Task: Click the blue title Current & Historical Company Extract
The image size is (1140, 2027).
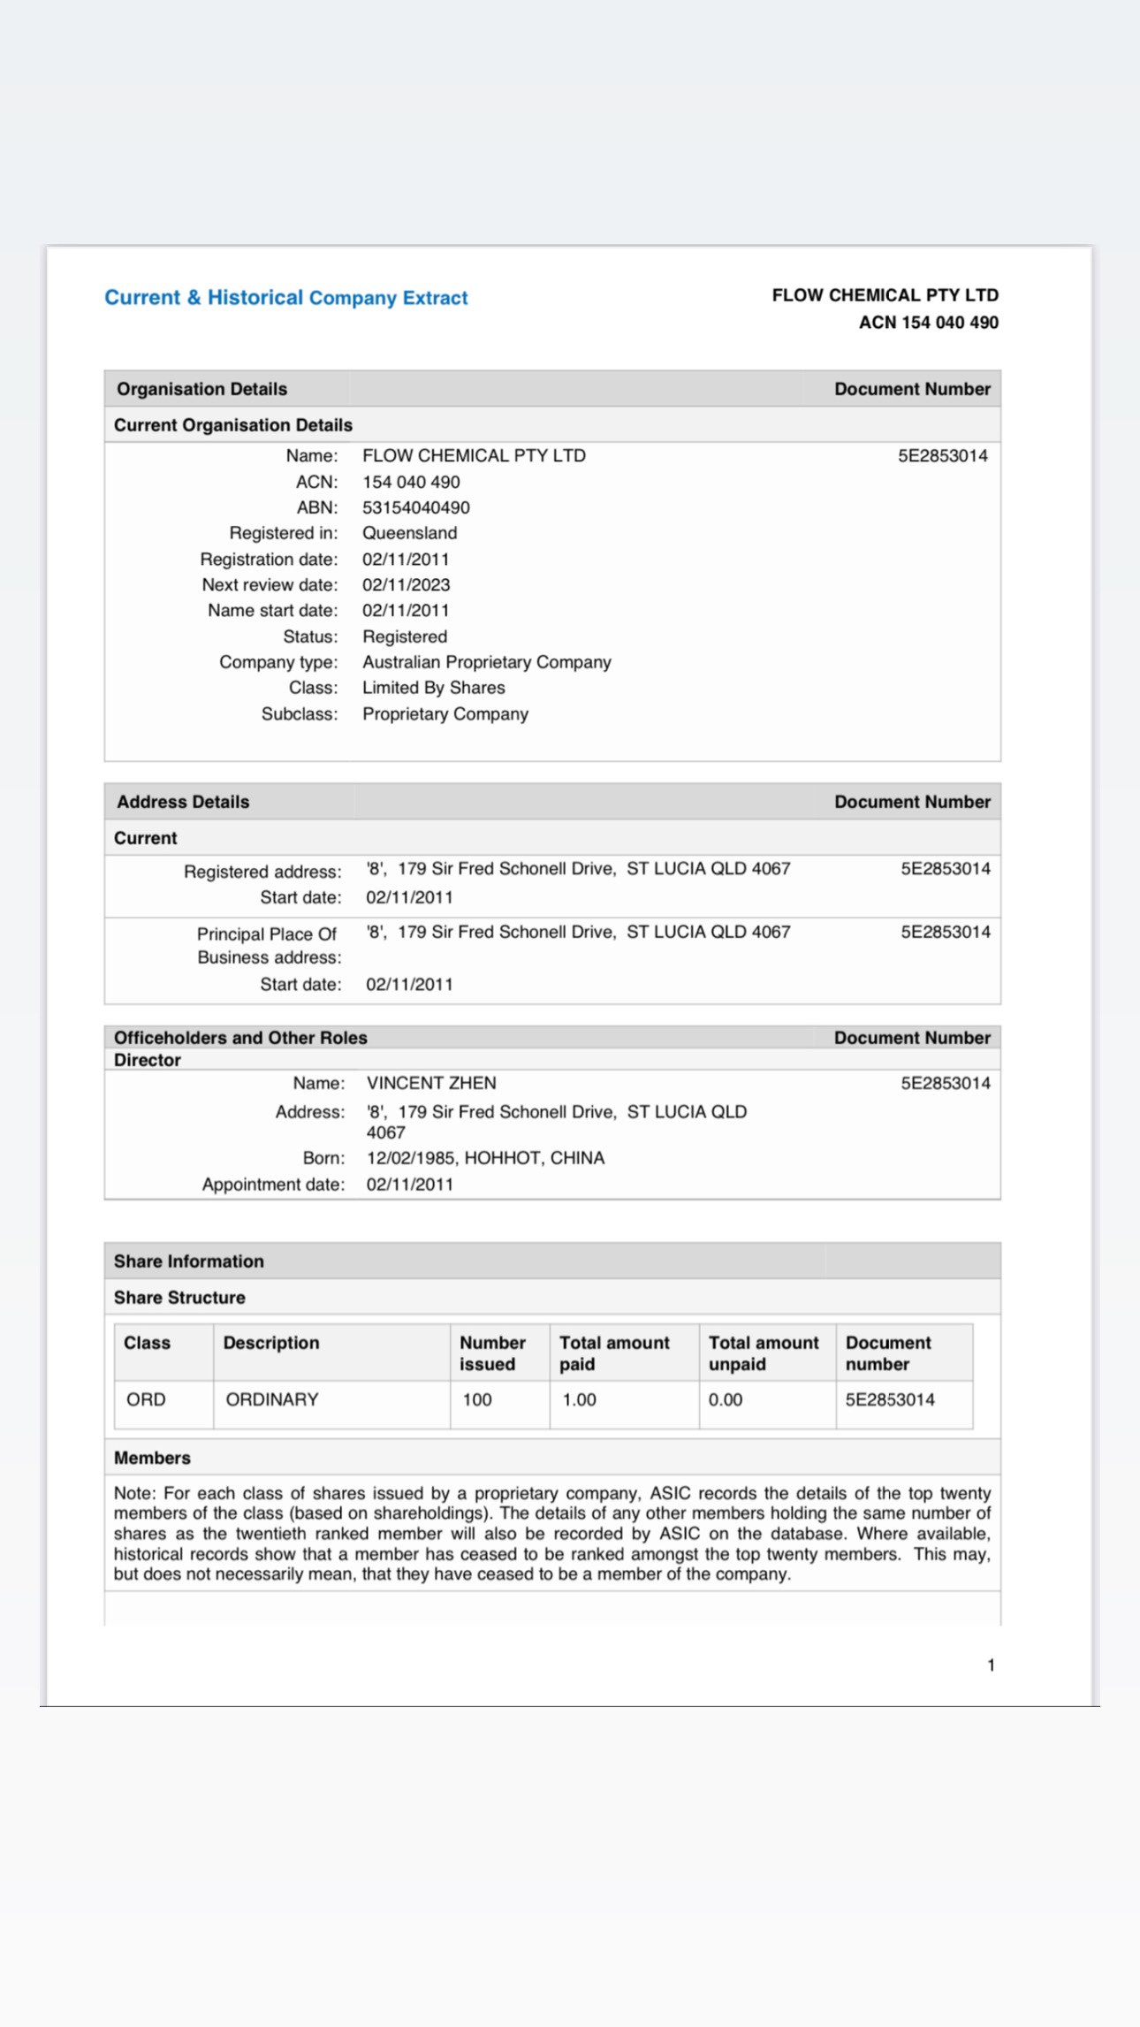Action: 285,298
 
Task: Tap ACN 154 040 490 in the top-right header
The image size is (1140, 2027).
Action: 928,323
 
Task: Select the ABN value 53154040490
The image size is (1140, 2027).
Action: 415,507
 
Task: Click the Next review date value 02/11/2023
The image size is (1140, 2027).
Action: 406,585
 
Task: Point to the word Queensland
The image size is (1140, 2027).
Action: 409,533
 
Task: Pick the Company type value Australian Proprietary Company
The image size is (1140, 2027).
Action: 486,662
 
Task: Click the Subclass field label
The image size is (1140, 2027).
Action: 300,714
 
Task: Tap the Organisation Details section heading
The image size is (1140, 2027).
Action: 201,389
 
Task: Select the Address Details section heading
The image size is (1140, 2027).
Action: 183,802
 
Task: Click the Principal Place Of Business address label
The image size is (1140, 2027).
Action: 268,945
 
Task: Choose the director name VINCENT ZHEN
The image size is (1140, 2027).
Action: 431,1083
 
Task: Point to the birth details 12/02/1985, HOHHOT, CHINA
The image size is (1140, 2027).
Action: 485,1158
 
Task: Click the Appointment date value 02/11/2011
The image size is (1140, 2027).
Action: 409,1185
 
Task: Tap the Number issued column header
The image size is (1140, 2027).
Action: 492,1353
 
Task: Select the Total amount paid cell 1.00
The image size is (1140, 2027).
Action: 579,1399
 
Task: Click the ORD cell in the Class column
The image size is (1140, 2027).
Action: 146,1399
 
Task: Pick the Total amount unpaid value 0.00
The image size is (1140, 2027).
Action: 725,1399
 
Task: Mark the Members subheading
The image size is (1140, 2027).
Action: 152,1458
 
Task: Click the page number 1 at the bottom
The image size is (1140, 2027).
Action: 991,1665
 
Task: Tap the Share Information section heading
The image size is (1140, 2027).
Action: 188,1261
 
